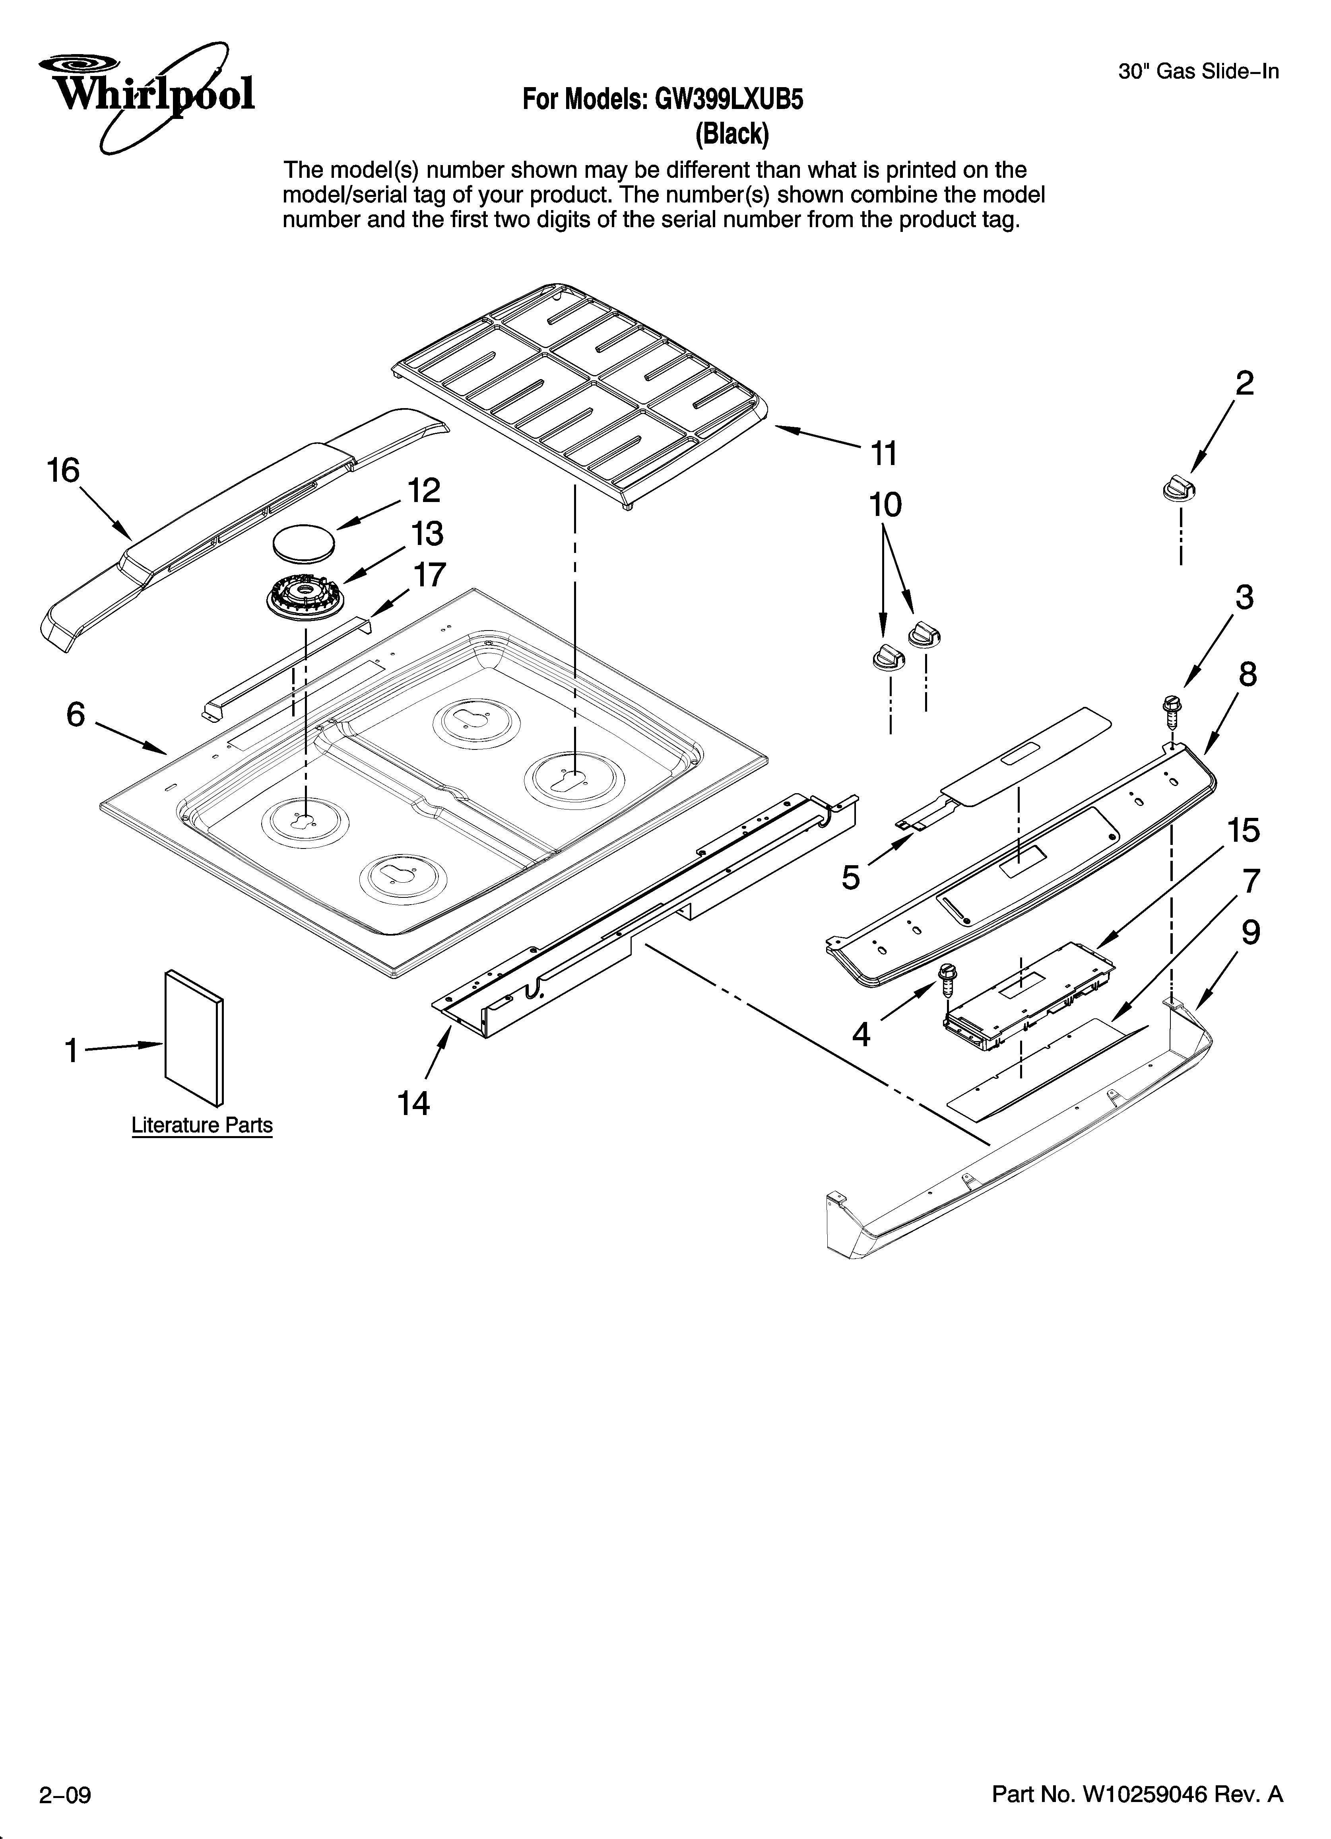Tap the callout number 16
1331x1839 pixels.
pyautogui.click(x=63, y=471)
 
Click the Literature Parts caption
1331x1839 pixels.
pyautogui.click(x=202, y=1125)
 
